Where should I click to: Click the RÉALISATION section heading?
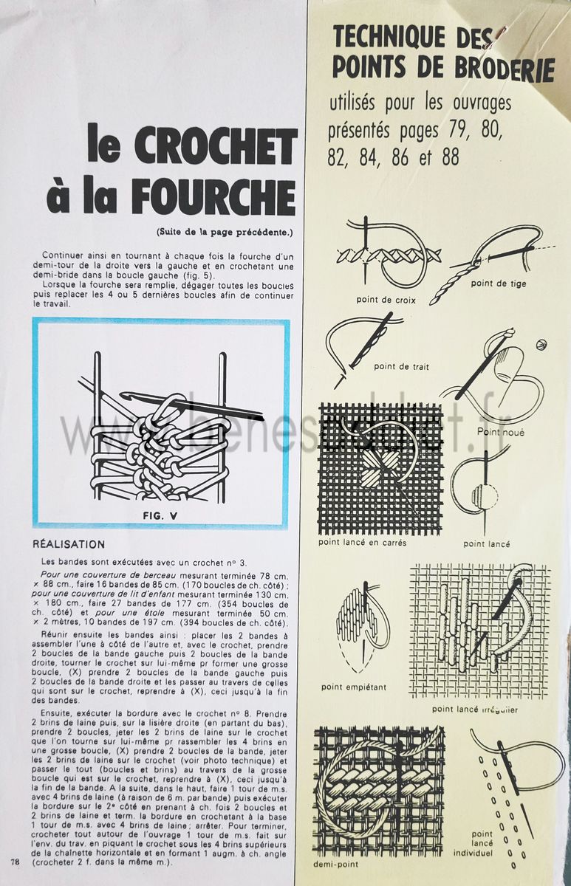tap(69, 544)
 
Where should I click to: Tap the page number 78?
tap(16, 861)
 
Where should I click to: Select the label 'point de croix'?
tap(386, 300)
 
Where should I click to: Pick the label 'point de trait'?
tap(401, 366)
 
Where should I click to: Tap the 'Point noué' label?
tap(500, 432)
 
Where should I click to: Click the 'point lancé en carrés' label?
tap(362, 542)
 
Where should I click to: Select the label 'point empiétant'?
tap(354, 687)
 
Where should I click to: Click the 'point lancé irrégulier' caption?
tap(475, 710)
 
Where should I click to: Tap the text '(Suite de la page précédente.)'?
tap(225, 232)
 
